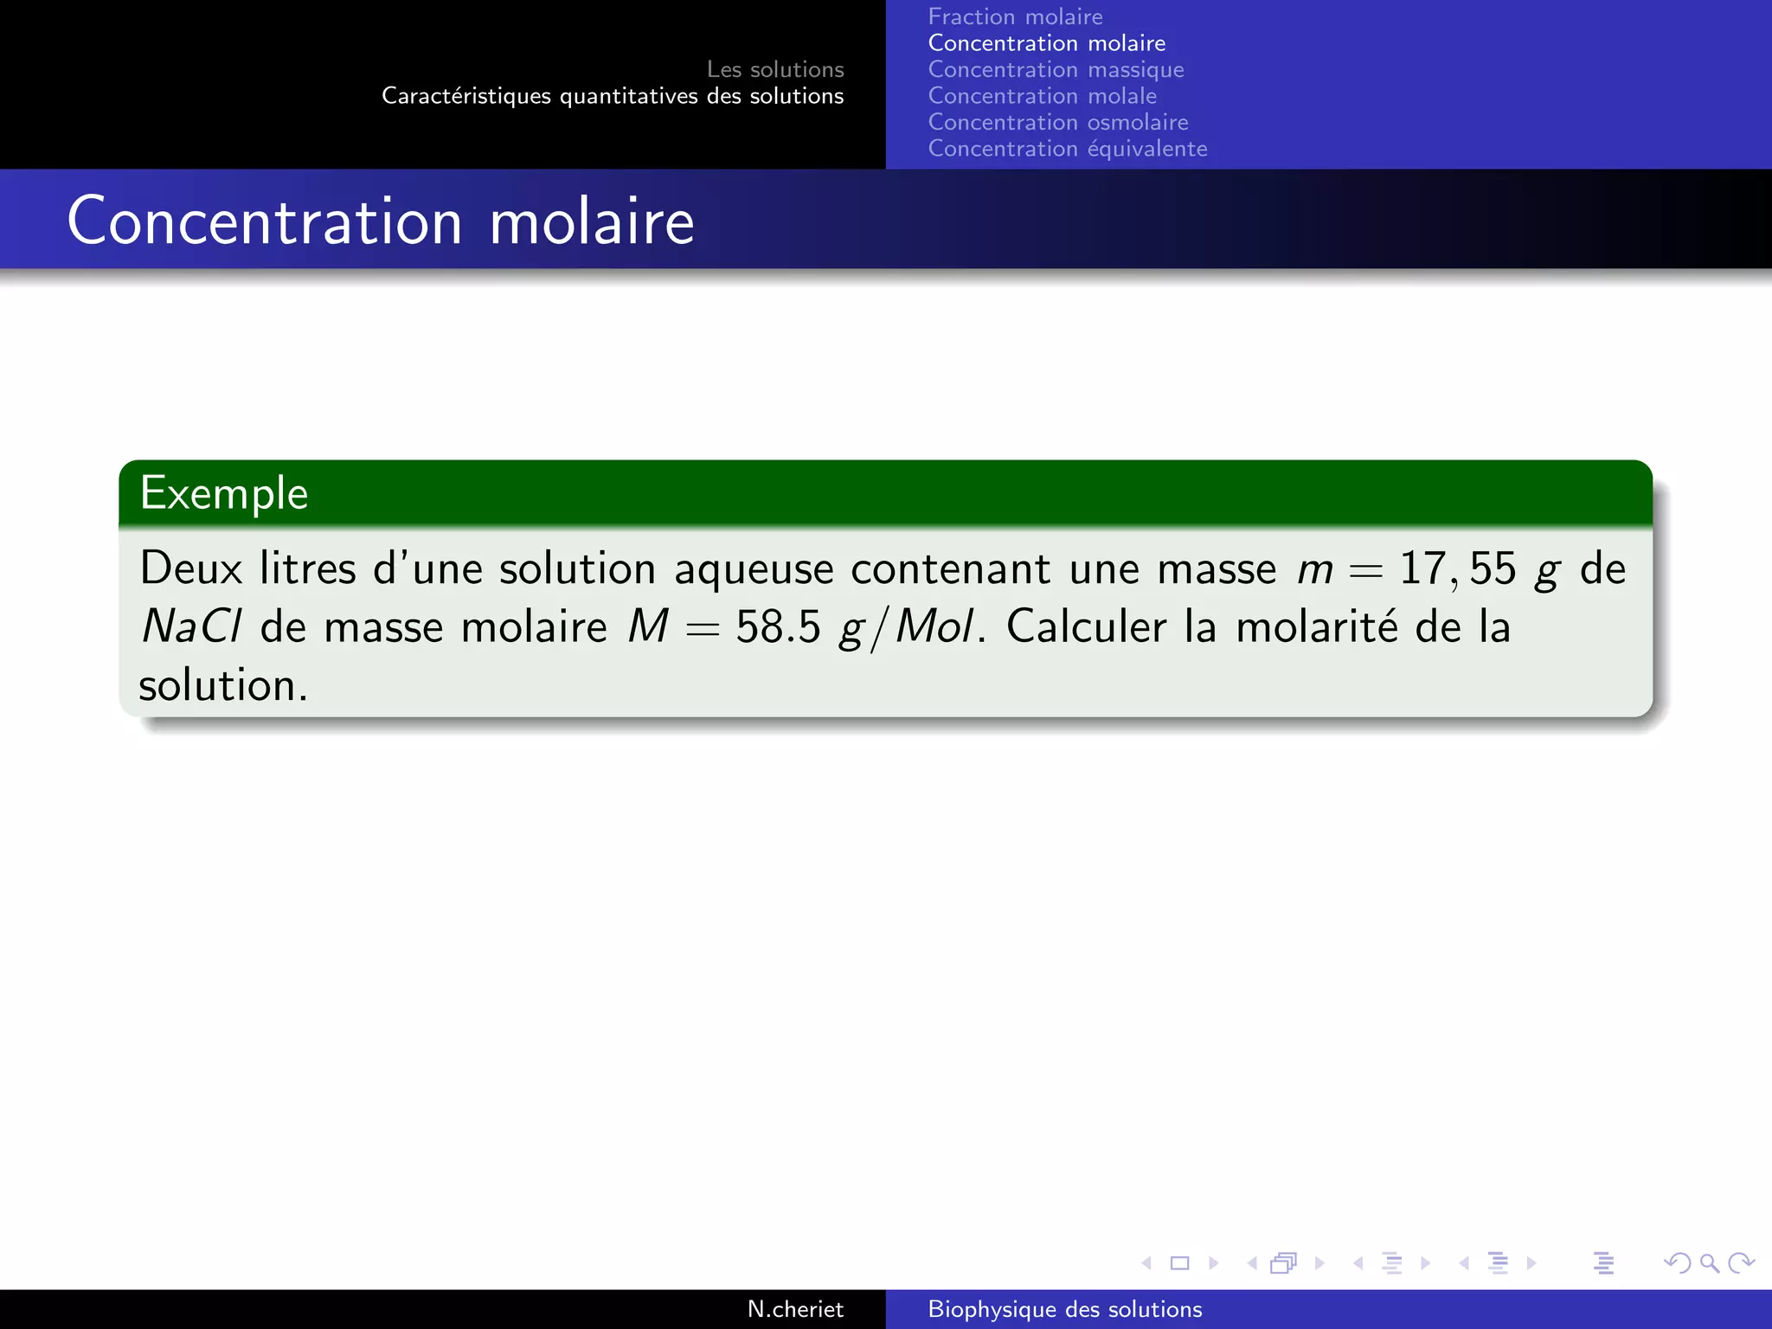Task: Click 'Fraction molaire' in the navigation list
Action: click(1015, 17)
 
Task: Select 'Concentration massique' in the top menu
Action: click(1056, 70)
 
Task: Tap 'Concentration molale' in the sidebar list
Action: click(1042, 96)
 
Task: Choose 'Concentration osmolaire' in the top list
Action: click(1057, 123)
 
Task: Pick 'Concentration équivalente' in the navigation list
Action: click(1067, 149)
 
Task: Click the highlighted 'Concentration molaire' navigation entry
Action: click(1046, 43)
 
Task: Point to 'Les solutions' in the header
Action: click(774, 69)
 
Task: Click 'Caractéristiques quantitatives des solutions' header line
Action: click(613, 96)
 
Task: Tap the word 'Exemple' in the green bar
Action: click(224, 493)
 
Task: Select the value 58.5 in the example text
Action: click(777, 627)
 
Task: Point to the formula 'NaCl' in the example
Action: click(191, 627)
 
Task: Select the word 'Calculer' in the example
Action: click(1086, 627)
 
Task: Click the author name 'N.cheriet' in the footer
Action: click(794, 1309)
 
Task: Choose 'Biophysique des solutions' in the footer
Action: click(1064, 1309)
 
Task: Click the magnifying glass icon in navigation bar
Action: click(1710, 1263)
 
